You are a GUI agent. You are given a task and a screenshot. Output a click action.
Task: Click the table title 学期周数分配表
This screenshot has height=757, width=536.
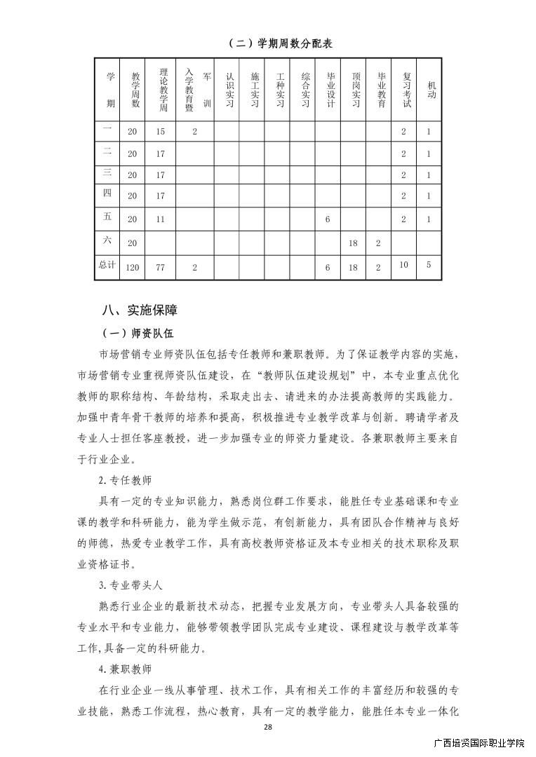pyautogui.click(x=280, y=43)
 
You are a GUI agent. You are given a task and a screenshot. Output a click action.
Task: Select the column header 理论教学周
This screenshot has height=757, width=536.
pyautogui.click(x=162, y=89)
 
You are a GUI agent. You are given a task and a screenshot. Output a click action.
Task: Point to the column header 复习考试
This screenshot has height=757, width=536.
pyautogui.click(x=406, y=89)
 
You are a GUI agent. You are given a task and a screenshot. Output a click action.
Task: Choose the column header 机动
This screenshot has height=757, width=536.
pyautogui.click(x=430, y=89)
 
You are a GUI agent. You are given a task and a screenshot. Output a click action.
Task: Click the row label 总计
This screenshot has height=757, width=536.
pyautogui.click(x=107, y=266)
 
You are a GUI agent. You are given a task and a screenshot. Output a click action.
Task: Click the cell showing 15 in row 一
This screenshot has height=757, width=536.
pyautogui.click(x=161, y=132)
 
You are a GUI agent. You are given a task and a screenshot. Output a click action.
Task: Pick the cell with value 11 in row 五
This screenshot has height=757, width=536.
pyautogui.click(x=161, y=219)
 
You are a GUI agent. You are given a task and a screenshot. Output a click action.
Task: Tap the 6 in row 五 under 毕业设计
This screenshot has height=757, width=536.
pyautogui.click(x=328, y=219)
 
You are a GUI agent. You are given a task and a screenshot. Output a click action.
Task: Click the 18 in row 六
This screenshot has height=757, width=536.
pyautogui.click(x=354, y=243)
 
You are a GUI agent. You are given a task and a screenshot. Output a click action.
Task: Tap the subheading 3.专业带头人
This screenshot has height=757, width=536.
pyautogui.click(x=130, y=584)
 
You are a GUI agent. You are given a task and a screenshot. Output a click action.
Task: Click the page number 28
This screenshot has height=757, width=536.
pyautogui.click(x=267, y=727)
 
